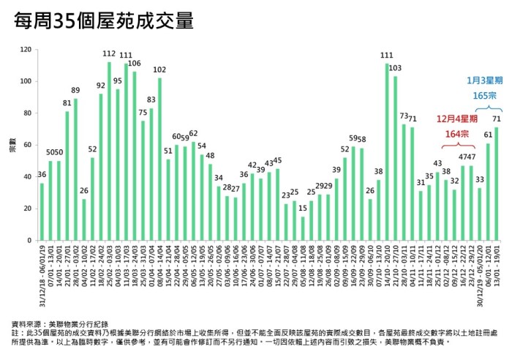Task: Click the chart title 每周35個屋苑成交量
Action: [x=104, y=20]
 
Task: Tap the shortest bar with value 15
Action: [x=303, y=228]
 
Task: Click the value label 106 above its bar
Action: [x=134, y=64]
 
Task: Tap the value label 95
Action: [x=117, y=81]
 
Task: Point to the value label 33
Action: [x=479, y=179]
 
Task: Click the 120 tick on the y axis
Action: [x=26, y=50]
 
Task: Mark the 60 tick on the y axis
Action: [x=28, y=145]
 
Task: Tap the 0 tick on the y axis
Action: [x=30, y=240]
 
